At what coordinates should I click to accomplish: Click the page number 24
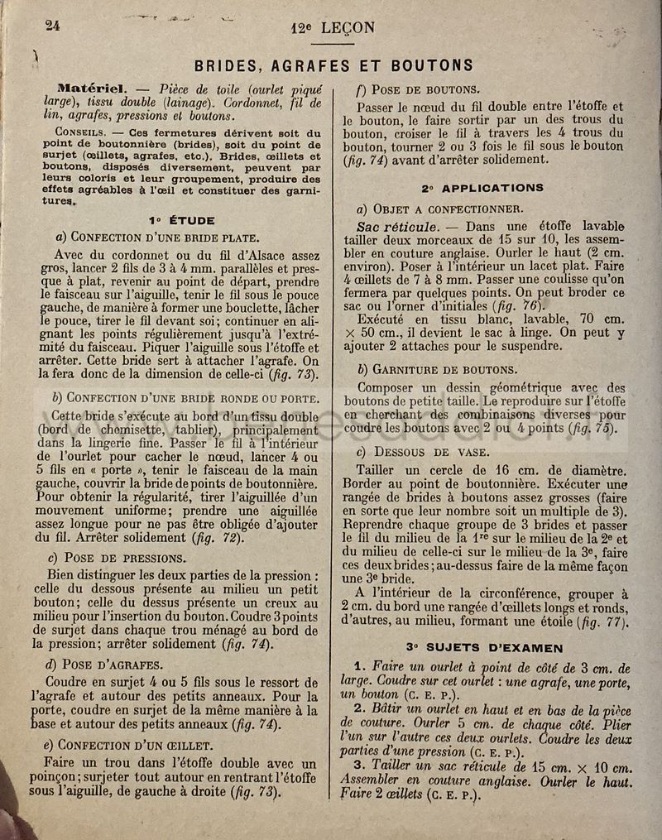(52, 24)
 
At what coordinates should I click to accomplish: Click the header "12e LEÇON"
(333, 27)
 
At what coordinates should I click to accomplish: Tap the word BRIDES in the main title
(231, 65)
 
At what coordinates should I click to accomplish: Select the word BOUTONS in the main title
(430, 65)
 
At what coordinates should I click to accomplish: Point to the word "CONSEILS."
(81, 132)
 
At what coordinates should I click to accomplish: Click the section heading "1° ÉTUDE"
(181, 220)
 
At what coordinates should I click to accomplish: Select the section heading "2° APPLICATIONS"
(482, 188)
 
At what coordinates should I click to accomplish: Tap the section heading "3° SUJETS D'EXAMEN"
(484, 647)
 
